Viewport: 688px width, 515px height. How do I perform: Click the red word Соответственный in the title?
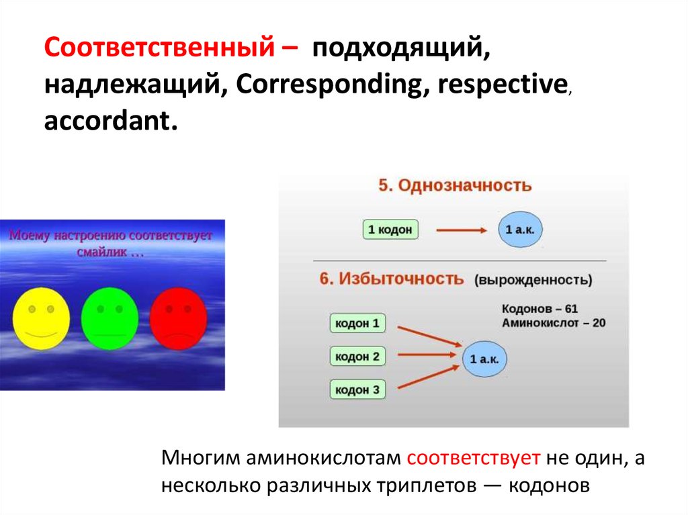tap(159, 47)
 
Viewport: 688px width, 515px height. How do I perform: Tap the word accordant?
tap(111, 121)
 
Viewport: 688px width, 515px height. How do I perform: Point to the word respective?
tap(503, 85)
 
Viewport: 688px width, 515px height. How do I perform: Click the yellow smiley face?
tap(41, 318)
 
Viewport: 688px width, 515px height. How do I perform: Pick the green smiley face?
tap(110, 318)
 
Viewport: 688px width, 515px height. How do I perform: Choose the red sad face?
tap(178, 318)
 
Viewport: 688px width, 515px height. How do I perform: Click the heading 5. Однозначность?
tap(455, 185)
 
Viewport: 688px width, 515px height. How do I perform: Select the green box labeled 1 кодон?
tap(390, 230)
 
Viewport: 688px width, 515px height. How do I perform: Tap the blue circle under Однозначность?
tap(521, 230)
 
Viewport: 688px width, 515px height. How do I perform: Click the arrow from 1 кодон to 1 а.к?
tap(462, 230)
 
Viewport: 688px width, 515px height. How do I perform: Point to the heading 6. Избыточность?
tap(392, 279)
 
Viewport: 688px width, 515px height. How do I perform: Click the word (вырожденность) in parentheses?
tap(533, 280)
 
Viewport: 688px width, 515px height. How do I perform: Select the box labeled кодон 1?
tap(357, 323)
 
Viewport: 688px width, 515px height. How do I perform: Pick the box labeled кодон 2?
tap(357, 356)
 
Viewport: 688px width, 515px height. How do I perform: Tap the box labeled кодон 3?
tap(357, 389)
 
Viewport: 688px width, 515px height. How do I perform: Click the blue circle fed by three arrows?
tap(484, 359)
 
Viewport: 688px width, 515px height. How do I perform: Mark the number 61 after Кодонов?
tap(571, 309)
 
